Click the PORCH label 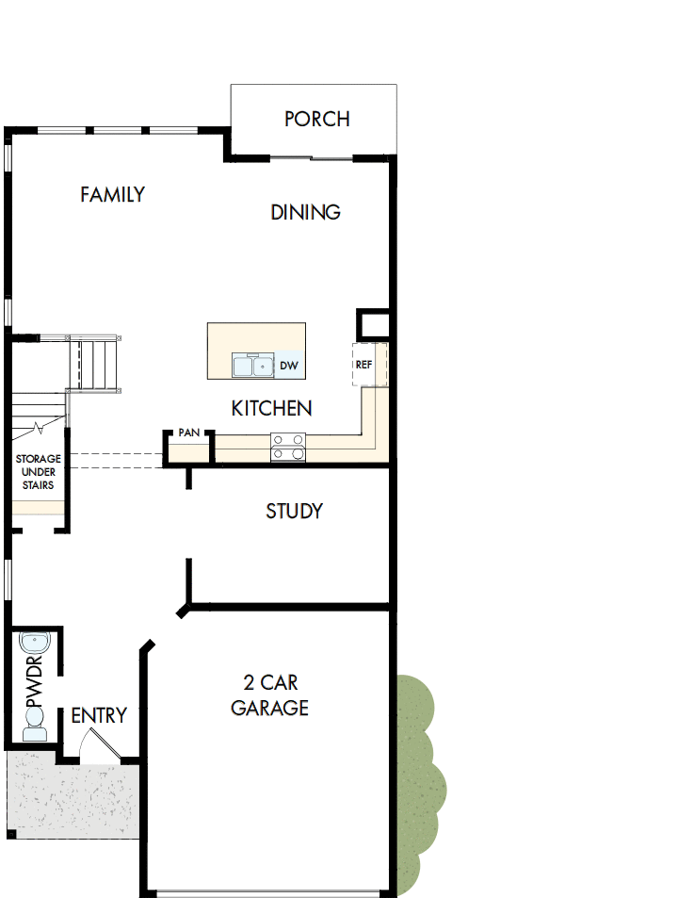pos(316,119)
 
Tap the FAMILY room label pos(112,194)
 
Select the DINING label pos(305,212)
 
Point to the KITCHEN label pos(271,408)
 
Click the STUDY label pos(294,511)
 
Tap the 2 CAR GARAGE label pos(269,694)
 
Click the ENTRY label pos(99,715)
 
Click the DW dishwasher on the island pos(289,366)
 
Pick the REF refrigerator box pos(364,364)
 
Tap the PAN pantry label pos(188,433)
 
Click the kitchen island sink pos(252,366)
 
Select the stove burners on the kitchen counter pos(288,447)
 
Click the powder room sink pos(34,645)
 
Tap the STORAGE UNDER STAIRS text pos(38,472)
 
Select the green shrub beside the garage pos(418,782)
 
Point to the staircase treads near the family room pos(93,364)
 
